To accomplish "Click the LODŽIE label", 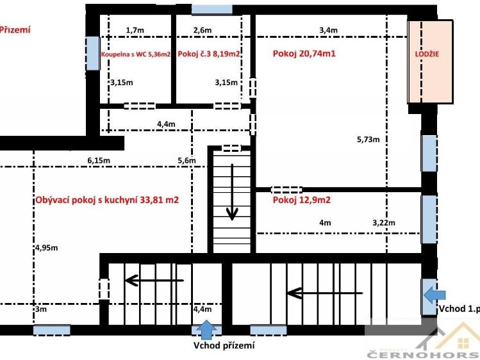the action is (427, 54).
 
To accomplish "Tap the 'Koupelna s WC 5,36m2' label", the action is (136, 54).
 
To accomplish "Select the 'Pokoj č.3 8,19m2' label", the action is (209, 54).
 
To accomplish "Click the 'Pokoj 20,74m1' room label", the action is (304, 54).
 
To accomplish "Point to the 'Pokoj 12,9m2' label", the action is (302, 200).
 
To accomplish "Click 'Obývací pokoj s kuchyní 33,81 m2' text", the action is (107, 200).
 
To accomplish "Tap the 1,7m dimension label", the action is (135, 30).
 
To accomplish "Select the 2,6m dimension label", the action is (203, 30).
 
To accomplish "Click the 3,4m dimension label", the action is (329, 30).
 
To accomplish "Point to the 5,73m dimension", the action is (368, 140).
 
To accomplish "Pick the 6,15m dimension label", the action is (99, 160).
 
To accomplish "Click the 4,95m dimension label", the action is (47, 248).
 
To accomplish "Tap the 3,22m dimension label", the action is (384, 223).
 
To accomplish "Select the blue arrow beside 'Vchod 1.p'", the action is (434, 295).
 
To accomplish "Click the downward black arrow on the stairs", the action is (232, 192).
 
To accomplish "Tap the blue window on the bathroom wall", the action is (93, 54).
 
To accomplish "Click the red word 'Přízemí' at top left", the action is (15, 29).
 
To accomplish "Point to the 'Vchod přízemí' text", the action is (224, 346).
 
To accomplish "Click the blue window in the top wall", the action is (212, 10).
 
